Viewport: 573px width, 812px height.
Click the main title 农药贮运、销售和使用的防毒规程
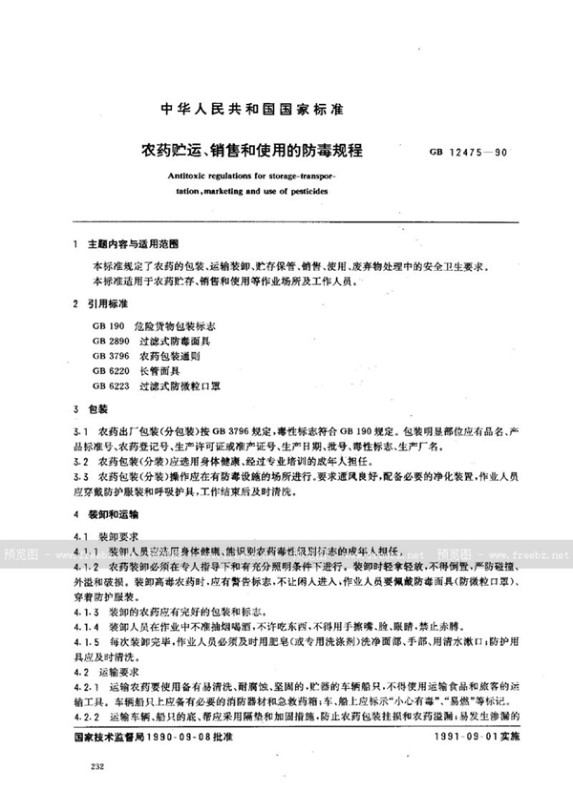click(258, 150)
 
